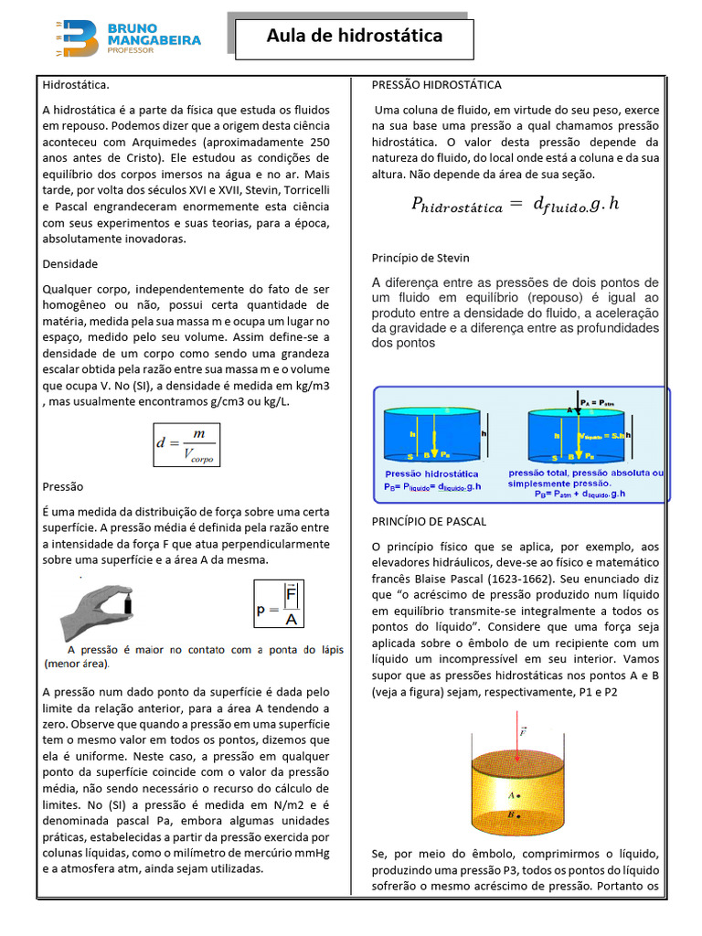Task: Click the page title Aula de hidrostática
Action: [355, 37]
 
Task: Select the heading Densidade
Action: [70, 263]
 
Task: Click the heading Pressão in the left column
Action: [63, 486]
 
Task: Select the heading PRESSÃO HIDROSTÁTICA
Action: [436, 85]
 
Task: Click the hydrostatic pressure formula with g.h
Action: [515, 206]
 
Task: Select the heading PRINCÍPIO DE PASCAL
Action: [429, 521]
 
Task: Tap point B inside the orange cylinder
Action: [518, 815]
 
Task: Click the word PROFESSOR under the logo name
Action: [131, 51]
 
